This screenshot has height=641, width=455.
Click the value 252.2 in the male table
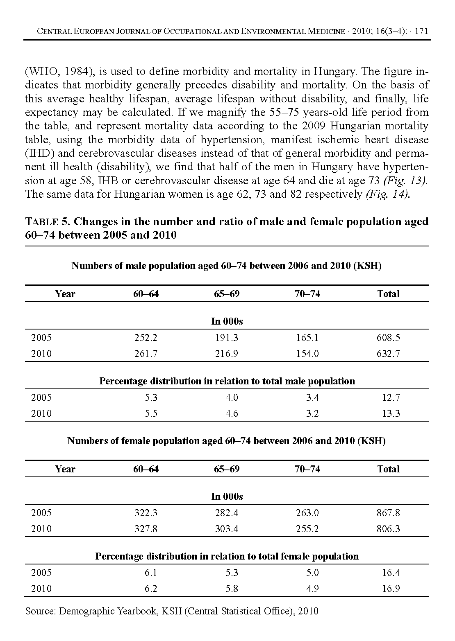(x=146, y=338)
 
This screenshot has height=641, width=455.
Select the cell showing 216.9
(x=226, y=354)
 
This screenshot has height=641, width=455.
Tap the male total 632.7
(x=388, y=354)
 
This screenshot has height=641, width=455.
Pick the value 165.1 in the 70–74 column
(x=307, y=338)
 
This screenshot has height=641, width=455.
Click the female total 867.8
(x=388, y=513)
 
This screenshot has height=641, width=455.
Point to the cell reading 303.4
(x=226, y=529)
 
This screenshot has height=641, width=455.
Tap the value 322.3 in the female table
(x=146, y=513)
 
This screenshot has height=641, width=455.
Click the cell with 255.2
(x=307, y=529)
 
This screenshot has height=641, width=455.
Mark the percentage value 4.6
(x=232, y=413)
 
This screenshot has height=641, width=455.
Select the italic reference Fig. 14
(x=387, y=194)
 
